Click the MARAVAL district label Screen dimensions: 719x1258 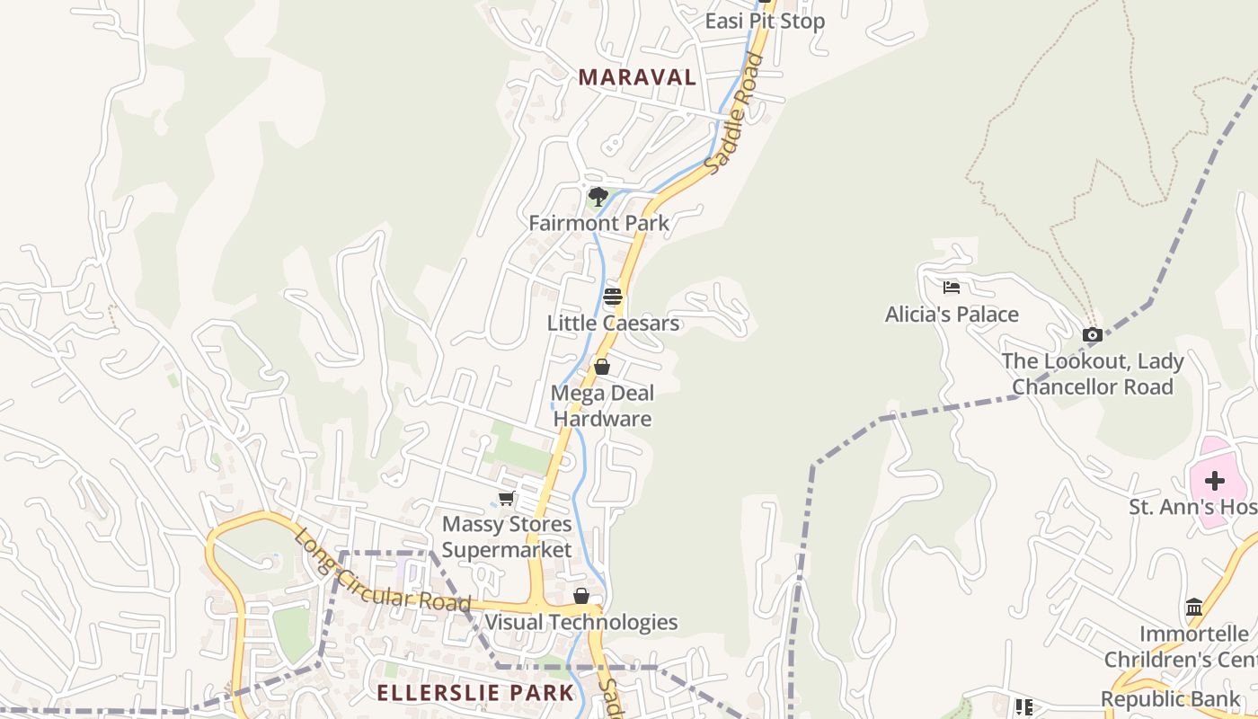637,77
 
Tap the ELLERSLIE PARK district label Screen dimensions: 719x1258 475,693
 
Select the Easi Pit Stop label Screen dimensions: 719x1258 764,21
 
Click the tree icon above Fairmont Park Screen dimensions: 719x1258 598,196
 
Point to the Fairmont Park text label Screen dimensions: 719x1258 598,223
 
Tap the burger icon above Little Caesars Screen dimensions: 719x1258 613,297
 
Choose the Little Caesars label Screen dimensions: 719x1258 614,323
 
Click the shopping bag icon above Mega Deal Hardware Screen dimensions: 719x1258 602,367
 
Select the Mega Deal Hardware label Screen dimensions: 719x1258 602,405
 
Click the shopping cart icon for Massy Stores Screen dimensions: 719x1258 507,498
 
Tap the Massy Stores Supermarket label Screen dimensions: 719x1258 507,537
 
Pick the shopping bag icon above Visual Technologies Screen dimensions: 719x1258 581,596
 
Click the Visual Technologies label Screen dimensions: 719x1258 581,622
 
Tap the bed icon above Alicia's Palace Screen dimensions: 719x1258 952,288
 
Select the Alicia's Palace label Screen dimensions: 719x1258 952,315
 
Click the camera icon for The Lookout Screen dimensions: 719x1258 1093,335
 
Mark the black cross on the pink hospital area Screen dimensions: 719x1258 1215,481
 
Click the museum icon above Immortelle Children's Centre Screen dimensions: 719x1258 1194,608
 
